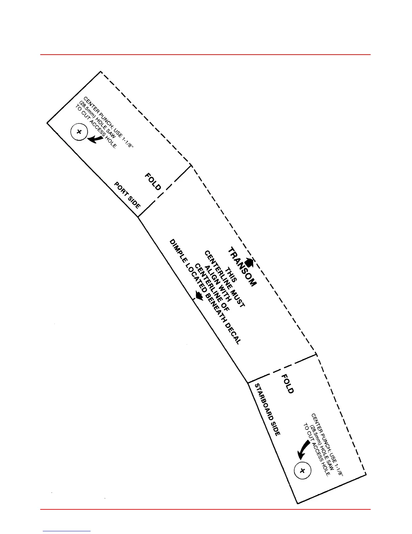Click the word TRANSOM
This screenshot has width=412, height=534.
[x=242, y=267]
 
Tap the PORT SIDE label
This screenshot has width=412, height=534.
[x=128, y=196]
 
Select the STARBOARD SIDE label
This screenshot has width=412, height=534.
[x=267, y=410]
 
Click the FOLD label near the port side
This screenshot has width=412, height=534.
[x=153, y=182]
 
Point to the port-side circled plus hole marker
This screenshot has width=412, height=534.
[x=79, y=132]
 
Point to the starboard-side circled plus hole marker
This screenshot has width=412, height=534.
[x=302, y=471]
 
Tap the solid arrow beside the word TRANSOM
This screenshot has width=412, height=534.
[x=249, y=262]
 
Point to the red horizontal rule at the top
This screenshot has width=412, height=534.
[x=205, y=54]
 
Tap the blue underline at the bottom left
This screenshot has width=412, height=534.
[x=67, y=531]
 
